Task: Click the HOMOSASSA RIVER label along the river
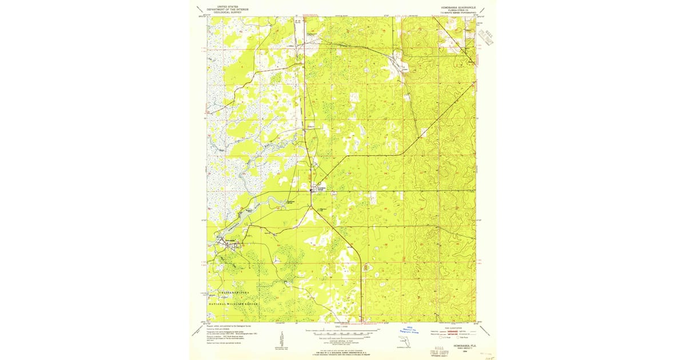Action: pos(234,229)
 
